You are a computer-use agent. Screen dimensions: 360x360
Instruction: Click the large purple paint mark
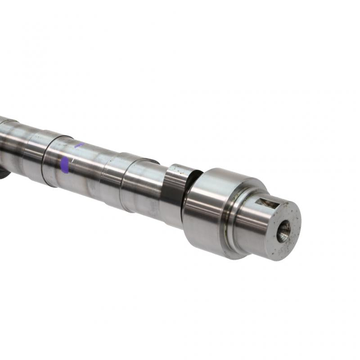(x=65, y=165)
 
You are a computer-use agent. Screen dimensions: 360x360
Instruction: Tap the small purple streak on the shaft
(x=79, y=145)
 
